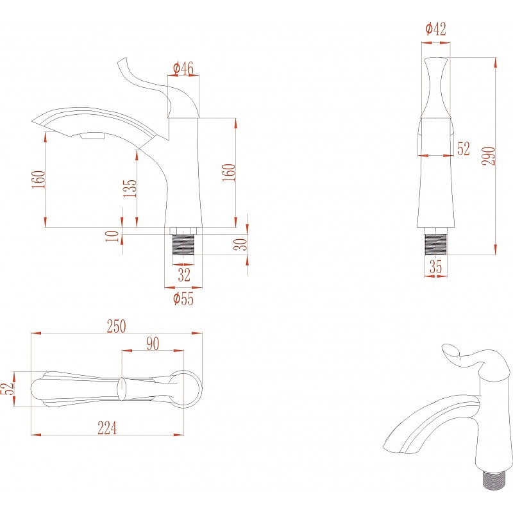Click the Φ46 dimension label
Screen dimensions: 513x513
pyautogui.click(x=183, y=69)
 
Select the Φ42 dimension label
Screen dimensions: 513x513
pyautogui.click(x=435, y=29)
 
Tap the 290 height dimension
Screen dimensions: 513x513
pyautogui.click(x=489, y=156)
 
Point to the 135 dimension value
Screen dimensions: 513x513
pyautogui.click(x=130, y=188)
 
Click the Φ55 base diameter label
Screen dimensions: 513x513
pyautogui.click(x=183, y=299)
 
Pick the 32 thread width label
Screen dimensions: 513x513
pyautogui.click(x=184, y=274)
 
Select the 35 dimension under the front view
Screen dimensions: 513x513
pyautogui.click(x=435, y=267)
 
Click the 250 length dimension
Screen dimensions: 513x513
pyautogui.click(x=116, y=326)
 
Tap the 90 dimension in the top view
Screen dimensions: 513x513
pyautogui.click(x=153, y=344)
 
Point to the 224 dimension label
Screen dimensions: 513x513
pyautogui.click(x=107, y=428)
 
